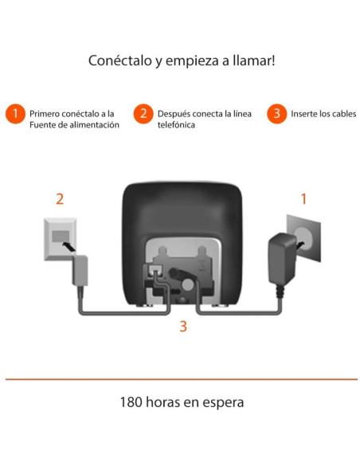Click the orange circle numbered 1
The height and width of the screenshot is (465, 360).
(14, 114)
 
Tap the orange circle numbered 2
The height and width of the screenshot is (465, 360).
(143, 114)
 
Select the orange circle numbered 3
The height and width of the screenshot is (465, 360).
(276, 114)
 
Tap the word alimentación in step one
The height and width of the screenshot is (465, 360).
(96, 125)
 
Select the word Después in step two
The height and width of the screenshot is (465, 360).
(175, 113)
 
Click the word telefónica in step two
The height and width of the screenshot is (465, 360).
(176, 125)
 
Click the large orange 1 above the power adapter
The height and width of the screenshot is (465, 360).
(303, 198)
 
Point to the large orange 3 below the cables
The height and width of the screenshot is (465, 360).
(183, 326)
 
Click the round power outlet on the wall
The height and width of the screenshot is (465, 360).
(305, 233)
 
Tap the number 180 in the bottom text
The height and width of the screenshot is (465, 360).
(132, 402)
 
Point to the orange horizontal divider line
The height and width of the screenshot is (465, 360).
(180, 379)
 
